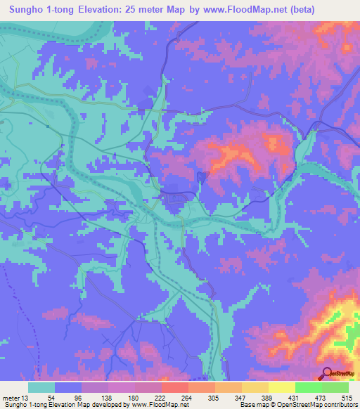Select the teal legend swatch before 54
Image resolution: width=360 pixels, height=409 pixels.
pyautogui.click(x=41, y=387)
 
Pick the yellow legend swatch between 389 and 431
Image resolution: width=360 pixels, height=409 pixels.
pyautogui.click(x=282, y=387)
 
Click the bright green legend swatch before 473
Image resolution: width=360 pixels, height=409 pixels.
pyautogui.click(x=309, y=387)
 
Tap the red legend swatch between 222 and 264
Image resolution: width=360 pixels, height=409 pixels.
pyautogui.click(x=175, y=387)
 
